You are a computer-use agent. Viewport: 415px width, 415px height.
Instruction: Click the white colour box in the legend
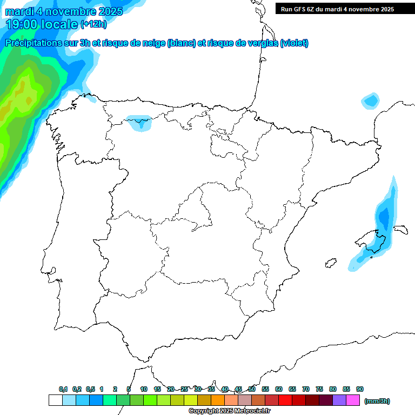tap(56, 400)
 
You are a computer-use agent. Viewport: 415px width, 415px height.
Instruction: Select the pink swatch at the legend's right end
tap(353, 400)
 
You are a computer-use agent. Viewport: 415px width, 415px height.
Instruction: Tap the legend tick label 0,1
tap(63, 389)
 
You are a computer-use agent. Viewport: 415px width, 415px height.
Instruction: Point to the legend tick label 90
tap(360, 389)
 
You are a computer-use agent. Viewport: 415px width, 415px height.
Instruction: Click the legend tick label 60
tap(279, 389)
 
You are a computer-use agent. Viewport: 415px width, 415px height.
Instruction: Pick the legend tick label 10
tap(144, 389)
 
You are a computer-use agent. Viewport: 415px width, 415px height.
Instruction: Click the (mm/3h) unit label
tap(377, 401)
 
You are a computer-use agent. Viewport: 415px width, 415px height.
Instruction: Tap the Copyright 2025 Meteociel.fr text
tap(230, 411)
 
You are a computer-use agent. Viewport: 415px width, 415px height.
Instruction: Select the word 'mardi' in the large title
tap(22, 11)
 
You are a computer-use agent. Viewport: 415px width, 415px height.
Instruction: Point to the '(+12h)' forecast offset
tap(93, 24)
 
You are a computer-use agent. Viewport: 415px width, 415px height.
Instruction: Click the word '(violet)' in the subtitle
tap(294, 43)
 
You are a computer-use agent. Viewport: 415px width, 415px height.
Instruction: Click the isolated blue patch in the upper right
tap(371, 101)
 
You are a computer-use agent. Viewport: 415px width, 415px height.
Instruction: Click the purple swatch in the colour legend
tap(339, 400)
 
